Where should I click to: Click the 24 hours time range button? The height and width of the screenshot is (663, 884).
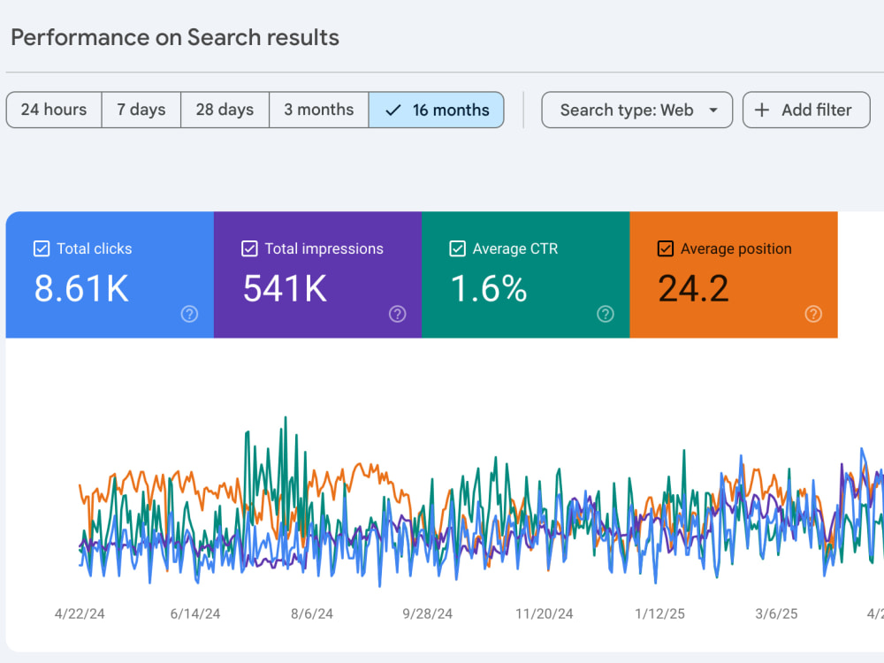pos(54,110)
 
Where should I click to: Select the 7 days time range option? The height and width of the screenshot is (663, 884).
pos(141,110)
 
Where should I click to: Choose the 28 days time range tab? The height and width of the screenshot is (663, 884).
pos(225,110)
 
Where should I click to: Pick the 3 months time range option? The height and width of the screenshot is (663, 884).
pos(319,110)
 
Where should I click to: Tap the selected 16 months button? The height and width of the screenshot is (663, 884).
pos(437,110)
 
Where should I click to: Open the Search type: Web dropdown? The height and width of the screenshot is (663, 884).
pos(637,110)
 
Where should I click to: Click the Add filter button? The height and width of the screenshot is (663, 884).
pos(806,110)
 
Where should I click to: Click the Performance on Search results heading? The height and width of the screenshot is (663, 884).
pos(175,38)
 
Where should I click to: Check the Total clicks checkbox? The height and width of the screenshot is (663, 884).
pos(42,248)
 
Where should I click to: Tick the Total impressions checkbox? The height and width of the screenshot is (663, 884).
pos(249,248)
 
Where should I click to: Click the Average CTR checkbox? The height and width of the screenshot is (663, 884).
pos(457,248)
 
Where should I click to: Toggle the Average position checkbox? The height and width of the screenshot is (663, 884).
pos(666,248)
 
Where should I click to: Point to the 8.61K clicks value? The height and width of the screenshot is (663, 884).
pos(81,289)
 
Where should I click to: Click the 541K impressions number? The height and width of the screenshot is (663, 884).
pos(285,289)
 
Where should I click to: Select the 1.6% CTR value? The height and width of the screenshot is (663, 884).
pos(489,289)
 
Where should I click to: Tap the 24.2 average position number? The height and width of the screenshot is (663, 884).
pos(693,289)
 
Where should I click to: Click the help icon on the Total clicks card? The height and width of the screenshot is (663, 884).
pos(189,314)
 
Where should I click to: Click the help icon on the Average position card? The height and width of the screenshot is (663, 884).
pos(813,314)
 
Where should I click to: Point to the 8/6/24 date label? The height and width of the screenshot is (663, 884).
pos(312,614)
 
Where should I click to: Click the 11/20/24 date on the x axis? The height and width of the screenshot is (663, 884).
pos(544,614)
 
